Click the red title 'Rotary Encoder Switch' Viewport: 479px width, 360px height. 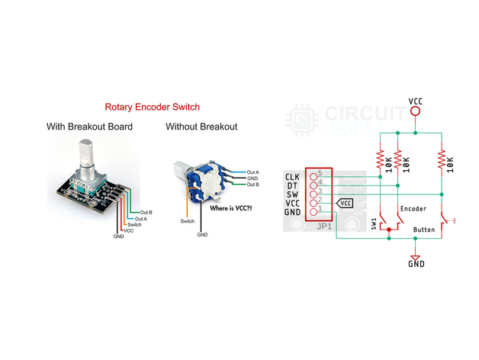[153, 108]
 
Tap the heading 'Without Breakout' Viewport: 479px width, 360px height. [201, 127]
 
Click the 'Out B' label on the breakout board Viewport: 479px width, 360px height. [145, 212]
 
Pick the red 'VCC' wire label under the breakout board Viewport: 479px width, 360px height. [128, 230]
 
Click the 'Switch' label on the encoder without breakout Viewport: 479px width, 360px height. [187, 221]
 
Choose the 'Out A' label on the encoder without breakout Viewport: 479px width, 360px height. [253, 172]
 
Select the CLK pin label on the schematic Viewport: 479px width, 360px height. [291, 177]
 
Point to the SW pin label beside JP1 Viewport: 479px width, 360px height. [291, 194]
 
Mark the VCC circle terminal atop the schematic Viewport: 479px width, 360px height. [415, 111]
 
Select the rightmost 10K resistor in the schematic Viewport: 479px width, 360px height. [442, 161]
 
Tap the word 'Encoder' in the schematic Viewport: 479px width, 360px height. [413, 208]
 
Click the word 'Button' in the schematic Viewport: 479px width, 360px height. [424, 229]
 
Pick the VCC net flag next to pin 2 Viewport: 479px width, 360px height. [346, 204]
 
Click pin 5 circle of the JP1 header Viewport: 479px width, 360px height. [313, 174]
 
